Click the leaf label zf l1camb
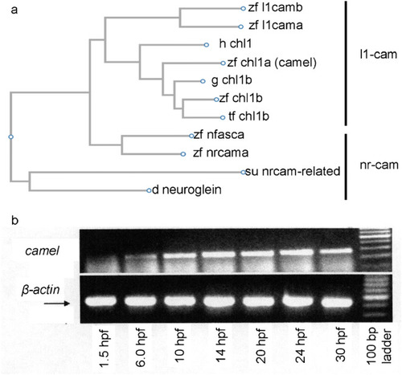pyautogui.click(x=275, y=7)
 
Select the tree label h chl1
pyautogui.click(x=236, y=43)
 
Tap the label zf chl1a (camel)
pyautogui.click(x=272, y=63)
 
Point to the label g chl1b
pyautogui.click(x=232, y=80)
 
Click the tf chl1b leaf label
pyautogui.click(x=248, y=116)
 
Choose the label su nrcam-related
pyautogui.click(x=293, y=171)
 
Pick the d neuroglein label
pyautogui.click(x=187, y=190)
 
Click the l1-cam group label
pyautogui.click(x=378, y=55)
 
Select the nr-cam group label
pyautogui.click(x=379, y=165)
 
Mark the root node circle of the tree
pyautogui.click(x=10, y=137)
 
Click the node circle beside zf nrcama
pyautogui.click(x=183, y=154)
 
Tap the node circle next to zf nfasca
pyautogui.click(x=191, y=136)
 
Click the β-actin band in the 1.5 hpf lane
pyautogui.click(x=101, y=301)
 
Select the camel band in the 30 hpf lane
pyautogui.click(x=336, y=251)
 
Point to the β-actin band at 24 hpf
pyautogui.click(x=297, y=301)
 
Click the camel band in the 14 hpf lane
pyautogui.click(x=219, y=254)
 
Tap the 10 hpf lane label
pyautogui.click(x=181, y=345)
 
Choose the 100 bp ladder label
pyautogui.click(x=379, y=346)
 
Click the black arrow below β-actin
pyautogui.click(x=57, y=304)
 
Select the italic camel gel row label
pyautogui.click(x=42, y=251)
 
